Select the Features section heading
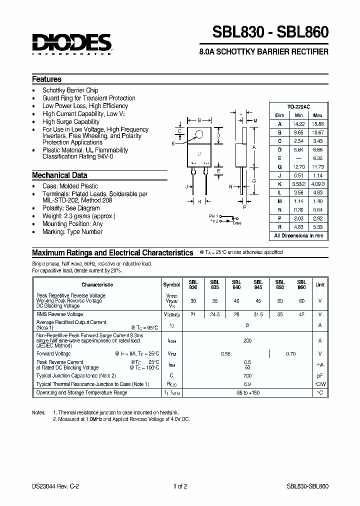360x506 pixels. tap(46, 79)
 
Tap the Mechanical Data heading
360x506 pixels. tap(59, 175)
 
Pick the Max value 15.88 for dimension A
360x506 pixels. tap(317, 124)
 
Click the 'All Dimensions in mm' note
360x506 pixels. tap(298, 235)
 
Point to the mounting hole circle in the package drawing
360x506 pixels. tap(199, 133)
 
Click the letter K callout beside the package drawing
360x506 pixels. tap(173, 144)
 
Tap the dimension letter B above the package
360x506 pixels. tap(199, 120)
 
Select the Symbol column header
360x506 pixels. tap(171, 284)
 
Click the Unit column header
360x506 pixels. tap(319, 284)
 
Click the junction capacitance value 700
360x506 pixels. tap(247, 375)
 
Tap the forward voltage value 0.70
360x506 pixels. tap(291, 353)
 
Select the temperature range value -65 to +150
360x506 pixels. tap(247, 393)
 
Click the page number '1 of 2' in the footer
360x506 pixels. tap(180, 486)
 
